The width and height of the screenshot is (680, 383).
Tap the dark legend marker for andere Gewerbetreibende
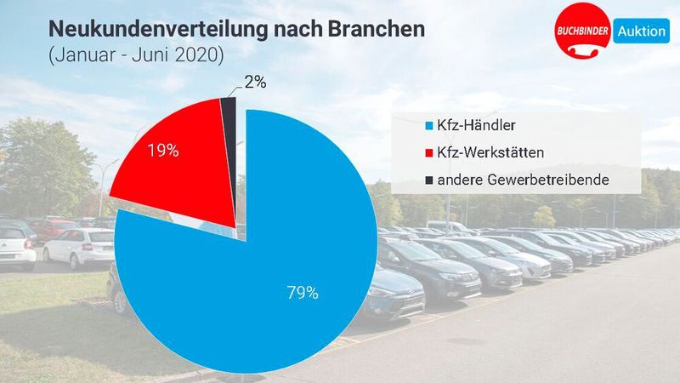click(x=429, y=180)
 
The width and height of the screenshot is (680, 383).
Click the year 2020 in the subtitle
click(x=199, y=56)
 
